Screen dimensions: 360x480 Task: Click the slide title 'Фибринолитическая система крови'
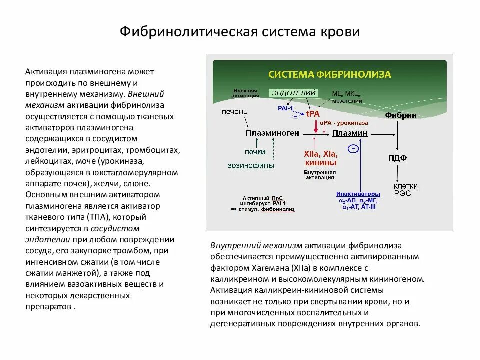(240, 32)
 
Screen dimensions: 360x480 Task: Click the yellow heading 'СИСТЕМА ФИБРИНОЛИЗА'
(330, 74)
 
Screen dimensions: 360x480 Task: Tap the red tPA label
(313, 113)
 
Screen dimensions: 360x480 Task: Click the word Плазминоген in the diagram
(272, 133)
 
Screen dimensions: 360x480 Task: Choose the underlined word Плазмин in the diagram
(350, 133)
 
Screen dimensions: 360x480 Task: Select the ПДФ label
(397, 158)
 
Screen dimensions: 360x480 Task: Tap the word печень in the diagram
(234, 111)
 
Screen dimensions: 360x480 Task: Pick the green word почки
(255, 152)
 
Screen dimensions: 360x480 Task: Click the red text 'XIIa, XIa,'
(320, 154)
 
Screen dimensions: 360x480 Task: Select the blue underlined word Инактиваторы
(358, 193)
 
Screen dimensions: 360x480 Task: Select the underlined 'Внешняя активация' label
(245, 93)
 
